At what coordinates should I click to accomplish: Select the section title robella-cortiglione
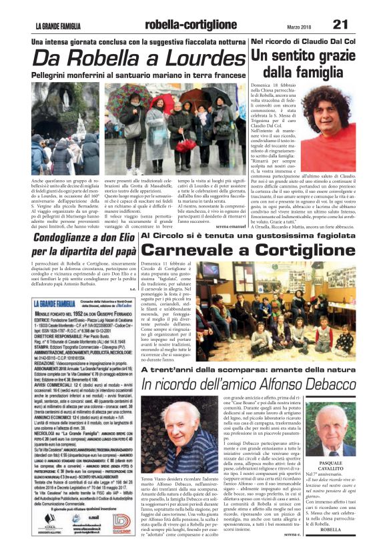coord(190,25)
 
